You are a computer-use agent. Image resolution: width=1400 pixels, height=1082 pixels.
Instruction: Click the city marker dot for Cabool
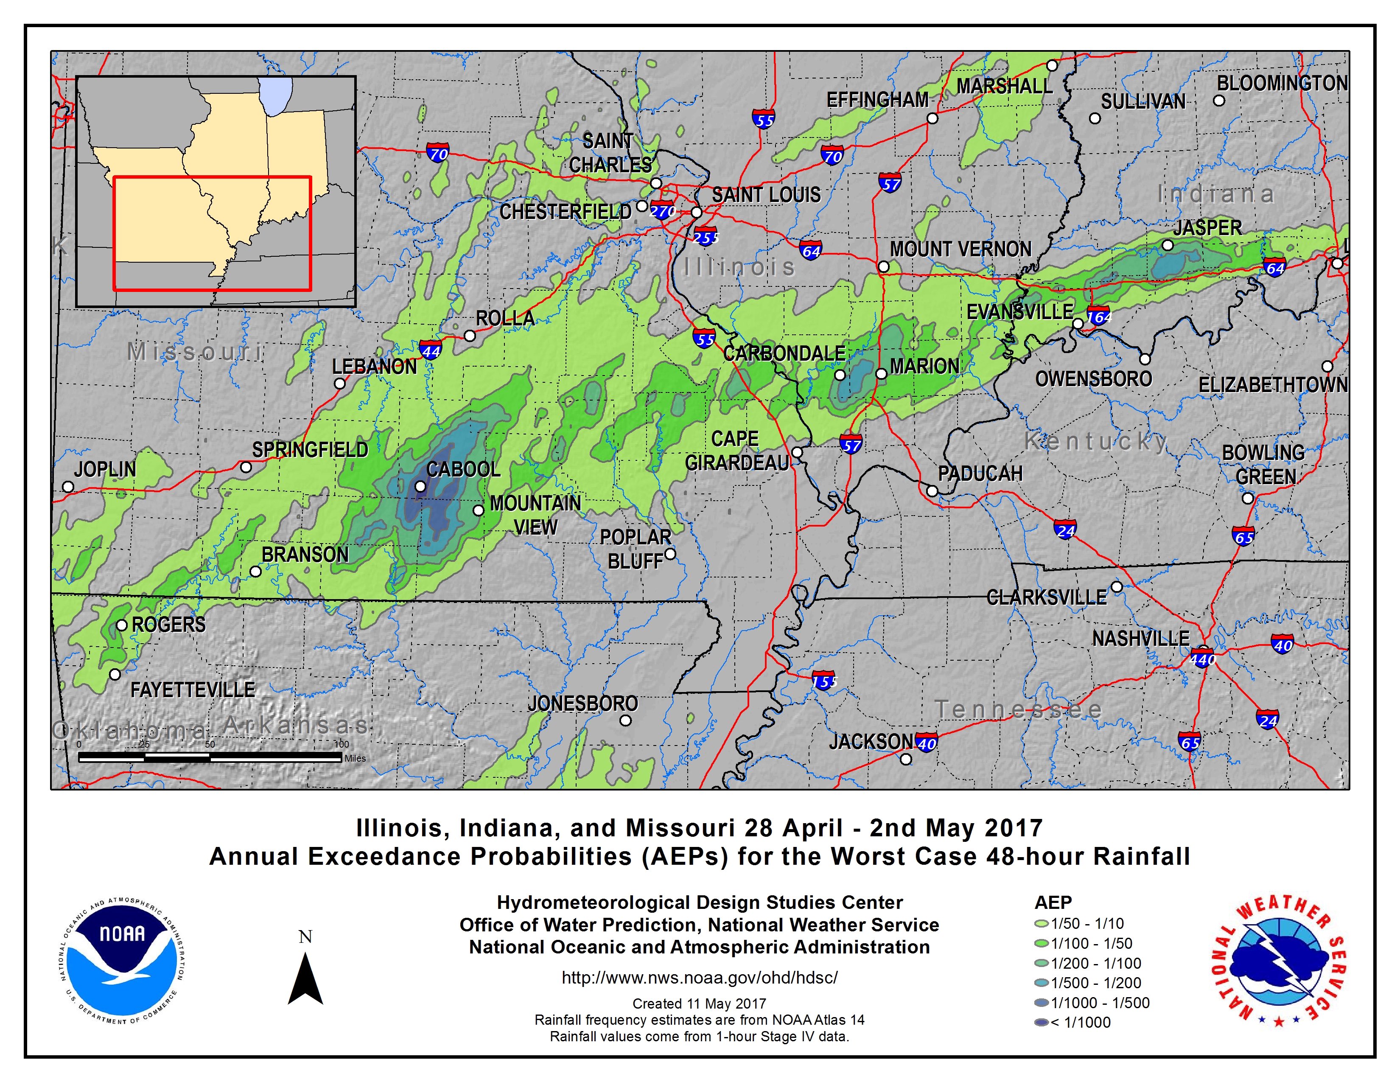click(420, 487)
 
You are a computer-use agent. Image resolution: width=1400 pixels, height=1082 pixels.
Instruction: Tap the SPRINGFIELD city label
click(310, 450)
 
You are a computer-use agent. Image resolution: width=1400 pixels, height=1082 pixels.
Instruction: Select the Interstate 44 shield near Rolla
click(430, 350)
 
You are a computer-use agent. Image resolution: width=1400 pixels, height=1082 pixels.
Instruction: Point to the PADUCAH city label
click(980, 474)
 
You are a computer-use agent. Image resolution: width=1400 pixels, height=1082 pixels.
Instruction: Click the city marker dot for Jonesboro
click(626, 720)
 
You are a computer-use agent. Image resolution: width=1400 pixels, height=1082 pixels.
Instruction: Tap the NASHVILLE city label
click(1140, 639)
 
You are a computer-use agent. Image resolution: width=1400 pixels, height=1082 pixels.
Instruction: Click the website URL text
click(699, 978)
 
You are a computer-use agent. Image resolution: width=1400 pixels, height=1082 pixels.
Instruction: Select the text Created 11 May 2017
click(699, 1003)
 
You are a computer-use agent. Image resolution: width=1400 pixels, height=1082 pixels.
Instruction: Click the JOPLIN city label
click(105, 469)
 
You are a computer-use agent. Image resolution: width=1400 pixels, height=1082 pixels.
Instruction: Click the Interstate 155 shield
click(824, 681)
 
